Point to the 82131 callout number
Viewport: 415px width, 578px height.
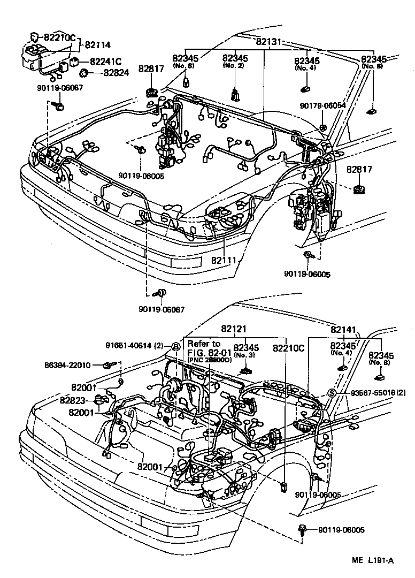pos(269,41)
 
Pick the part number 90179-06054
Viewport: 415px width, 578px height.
pos(322,105)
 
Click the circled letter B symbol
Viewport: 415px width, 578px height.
pos(175,346)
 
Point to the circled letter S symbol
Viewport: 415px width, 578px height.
pos(331,393)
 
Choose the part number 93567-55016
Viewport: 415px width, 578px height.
pos(368,393)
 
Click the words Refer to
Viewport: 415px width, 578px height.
pos(204,344)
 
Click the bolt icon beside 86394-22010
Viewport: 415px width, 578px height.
pos(107,365)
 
